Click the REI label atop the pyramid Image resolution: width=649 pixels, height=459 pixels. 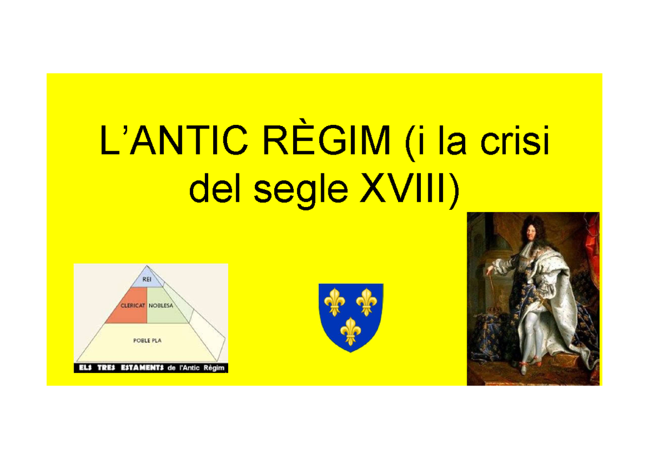tap(147, 280)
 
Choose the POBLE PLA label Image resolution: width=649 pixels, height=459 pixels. tap(148, 341)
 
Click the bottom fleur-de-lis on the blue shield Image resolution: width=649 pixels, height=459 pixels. tap(351, 331)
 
